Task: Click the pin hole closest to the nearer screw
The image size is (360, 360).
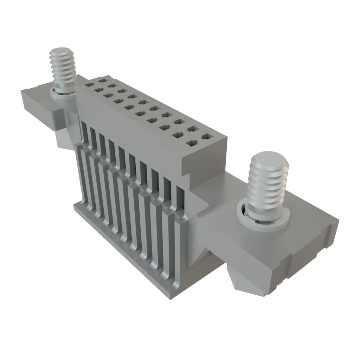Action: click(205, 136)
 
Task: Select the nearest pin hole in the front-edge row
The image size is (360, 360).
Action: click(192, 143)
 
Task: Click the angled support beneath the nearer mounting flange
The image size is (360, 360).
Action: click(246, 278)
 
